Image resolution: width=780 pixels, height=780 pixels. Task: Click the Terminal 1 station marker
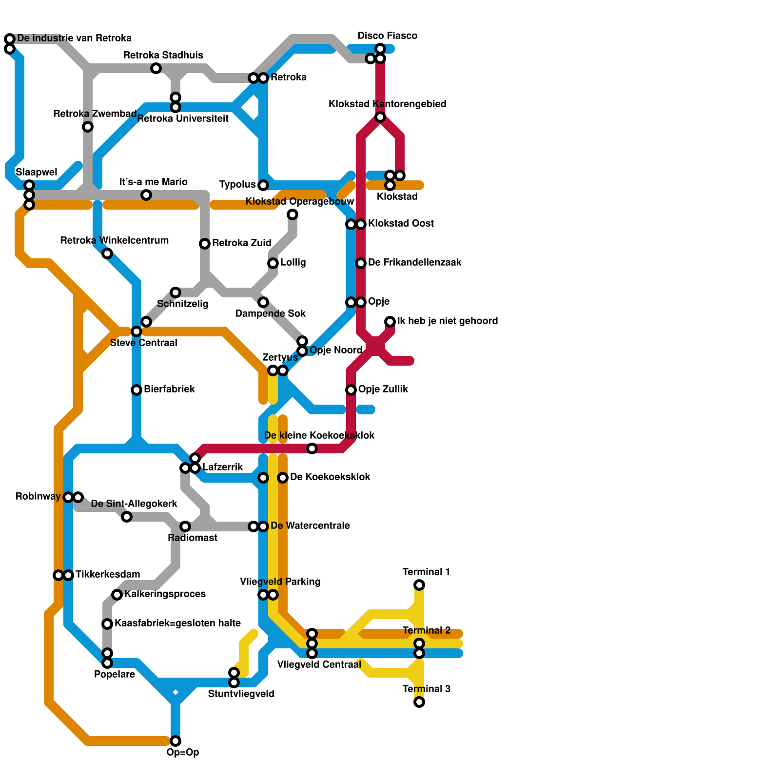click(x=419, y=585)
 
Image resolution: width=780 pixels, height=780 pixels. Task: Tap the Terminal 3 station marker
click(x=419, y=702)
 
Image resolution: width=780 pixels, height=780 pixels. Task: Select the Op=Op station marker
click(x=175, y=741)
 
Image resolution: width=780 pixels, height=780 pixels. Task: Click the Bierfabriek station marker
click(x=136, y=390)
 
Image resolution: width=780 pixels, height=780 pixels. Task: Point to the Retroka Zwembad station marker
click(x=88, y=127)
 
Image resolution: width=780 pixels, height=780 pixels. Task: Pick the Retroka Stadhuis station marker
click(x=156, y=68)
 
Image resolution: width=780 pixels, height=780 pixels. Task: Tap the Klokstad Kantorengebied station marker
click(x=380, y=117)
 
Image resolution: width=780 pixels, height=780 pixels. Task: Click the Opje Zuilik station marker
click(x=351, y=390)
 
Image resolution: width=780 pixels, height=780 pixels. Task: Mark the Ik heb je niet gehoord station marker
click(x=390, y=322)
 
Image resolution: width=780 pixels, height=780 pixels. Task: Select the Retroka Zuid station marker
click(x=205, y=244)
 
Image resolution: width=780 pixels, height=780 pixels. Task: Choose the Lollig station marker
click(x=273, y=263)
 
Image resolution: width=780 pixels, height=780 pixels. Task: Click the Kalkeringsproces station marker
click(x=117, y=594)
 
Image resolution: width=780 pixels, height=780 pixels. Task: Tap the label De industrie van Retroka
click(x=74, y=38)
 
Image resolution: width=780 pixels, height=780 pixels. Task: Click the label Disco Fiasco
click(x=387, y=36)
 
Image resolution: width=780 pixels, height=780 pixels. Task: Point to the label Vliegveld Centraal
click(x=319, y=664)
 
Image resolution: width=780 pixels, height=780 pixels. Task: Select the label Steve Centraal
click(x=143, y=343)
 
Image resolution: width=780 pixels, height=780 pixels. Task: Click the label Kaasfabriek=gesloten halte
click(x=177, y=623)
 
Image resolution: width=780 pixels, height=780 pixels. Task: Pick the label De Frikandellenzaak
click(x=414, y=262)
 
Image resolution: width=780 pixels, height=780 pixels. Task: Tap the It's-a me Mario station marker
click(x=146, y=195)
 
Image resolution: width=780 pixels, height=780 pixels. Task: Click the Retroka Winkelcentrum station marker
click(x=107, y=253)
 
